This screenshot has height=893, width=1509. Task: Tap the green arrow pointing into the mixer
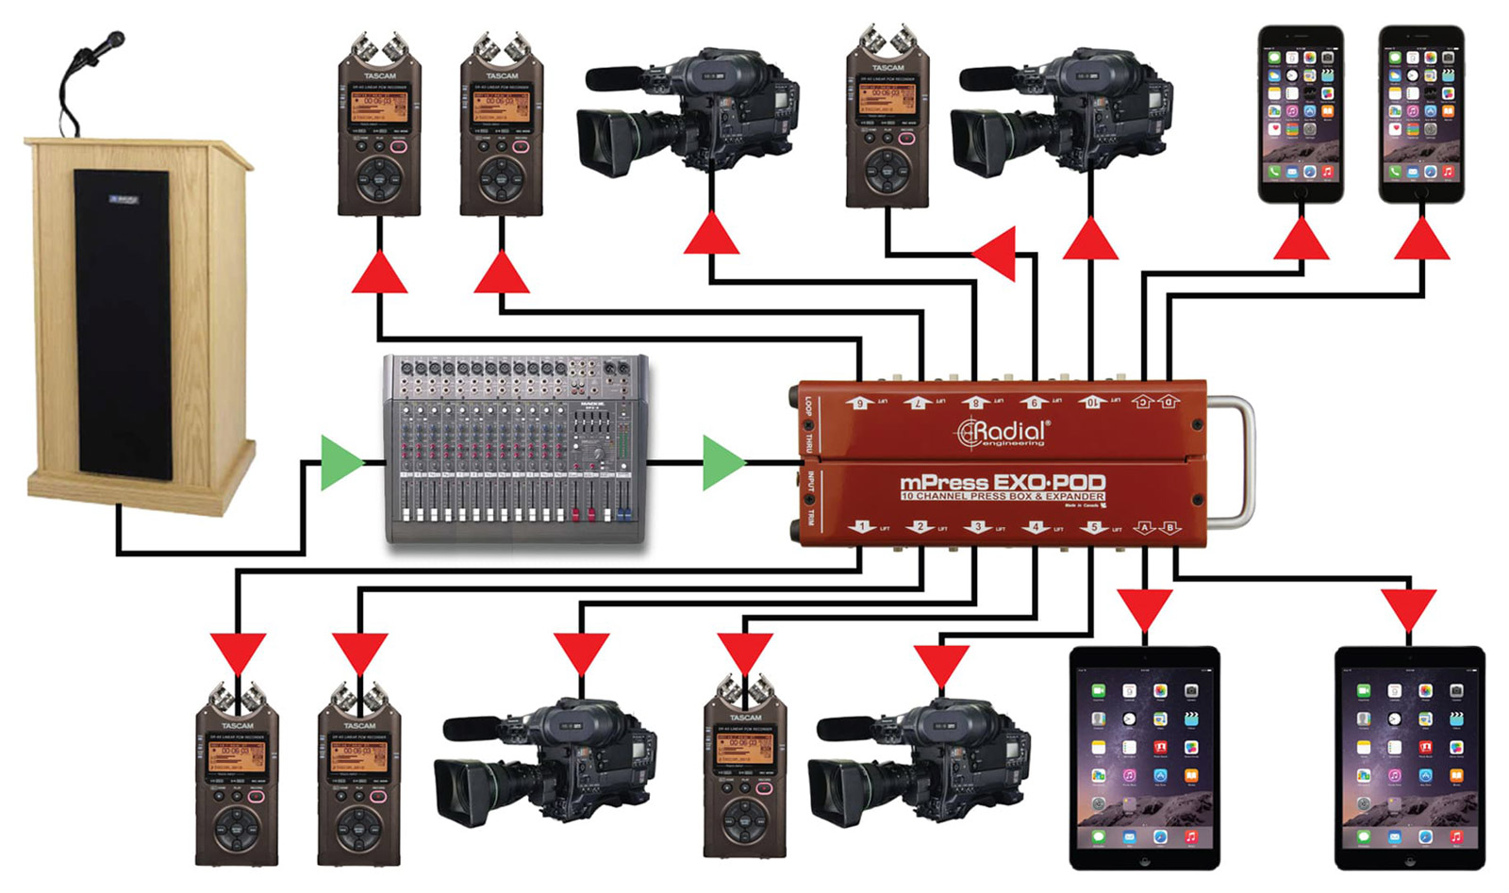(x=340, y=462)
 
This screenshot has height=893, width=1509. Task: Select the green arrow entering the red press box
(x=722, y=462)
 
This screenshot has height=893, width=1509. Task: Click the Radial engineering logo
(x=1002, y=433)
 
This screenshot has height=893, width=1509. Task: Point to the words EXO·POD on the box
(x=1049, y=483)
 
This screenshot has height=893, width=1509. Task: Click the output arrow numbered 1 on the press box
(x=861, y=527)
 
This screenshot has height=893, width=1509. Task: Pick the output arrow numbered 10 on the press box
(x=1091, y=402)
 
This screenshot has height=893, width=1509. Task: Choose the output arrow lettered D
(x=1168, y=402)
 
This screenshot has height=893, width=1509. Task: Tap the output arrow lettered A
(x=1144, y=527)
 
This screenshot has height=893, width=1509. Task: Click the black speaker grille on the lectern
(x=123, y=321)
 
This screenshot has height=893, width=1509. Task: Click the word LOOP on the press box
(x=808, y=407)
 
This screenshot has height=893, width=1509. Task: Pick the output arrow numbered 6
(x=859, y=403)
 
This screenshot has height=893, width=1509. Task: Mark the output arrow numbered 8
(x=976, y=403)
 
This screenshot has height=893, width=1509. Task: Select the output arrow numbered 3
(x=978, y=527)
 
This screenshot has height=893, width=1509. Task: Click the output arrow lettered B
(x=1170, y=527)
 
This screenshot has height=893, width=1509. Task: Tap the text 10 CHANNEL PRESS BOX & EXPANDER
(x=1002, y=496)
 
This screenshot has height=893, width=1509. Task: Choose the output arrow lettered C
(x=1143, y=402)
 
